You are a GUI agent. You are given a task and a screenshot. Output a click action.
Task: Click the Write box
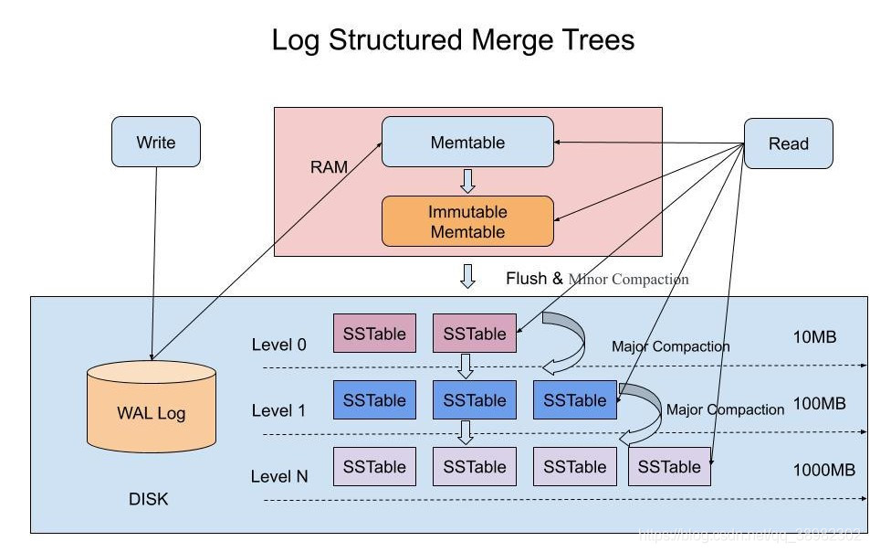155,142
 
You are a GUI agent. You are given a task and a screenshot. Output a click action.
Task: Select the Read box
788,143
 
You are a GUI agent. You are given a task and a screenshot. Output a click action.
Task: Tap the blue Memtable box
467,142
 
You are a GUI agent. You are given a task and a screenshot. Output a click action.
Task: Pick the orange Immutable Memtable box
467,221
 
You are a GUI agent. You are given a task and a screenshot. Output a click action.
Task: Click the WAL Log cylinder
152,411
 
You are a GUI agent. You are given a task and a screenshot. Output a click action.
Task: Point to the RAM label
330,168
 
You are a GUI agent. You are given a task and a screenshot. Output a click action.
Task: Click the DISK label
149,499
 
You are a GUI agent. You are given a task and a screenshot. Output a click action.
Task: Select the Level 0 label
279,345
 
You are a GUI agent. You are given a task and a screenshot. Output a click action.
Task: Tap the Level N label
279,476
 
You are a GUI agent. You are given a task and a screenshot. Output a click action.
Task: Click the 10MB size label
814,337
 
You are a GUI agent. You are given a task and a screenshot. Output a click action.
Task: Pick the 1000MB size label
823,470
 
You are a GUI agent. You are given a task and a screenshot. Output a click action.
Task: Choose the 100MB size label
819,403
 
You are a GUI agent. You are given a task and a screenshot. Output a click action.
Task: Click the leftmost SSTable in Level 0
374,334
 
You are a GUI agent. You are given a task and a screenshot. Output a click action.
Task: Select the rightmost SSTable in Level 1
574,400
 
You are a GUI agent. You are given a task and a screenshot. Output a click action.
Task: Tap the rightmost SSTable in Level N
669,466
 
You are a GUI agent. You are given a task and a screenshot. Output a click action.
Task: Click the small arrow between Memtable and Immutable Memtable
467,180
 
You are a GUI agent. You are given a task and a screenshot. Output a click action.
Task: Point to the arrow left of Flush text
467,275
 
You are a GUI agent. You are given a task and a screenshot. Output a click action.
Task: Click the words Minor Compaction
628,279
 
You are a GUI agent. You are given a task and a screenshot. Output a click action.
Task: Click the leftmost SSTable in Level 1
374,400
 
